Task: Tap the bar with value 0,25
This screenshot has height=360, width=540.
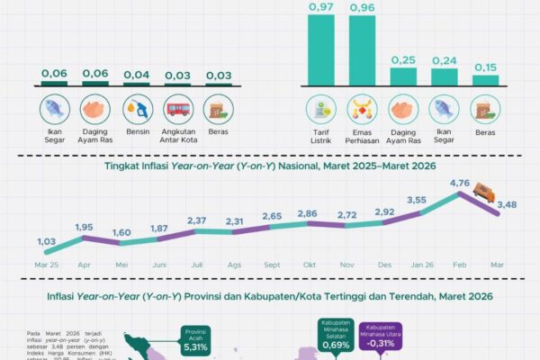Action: point(403,76)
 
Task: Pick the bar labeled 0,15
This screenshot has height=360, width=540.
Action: point(486,80)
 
